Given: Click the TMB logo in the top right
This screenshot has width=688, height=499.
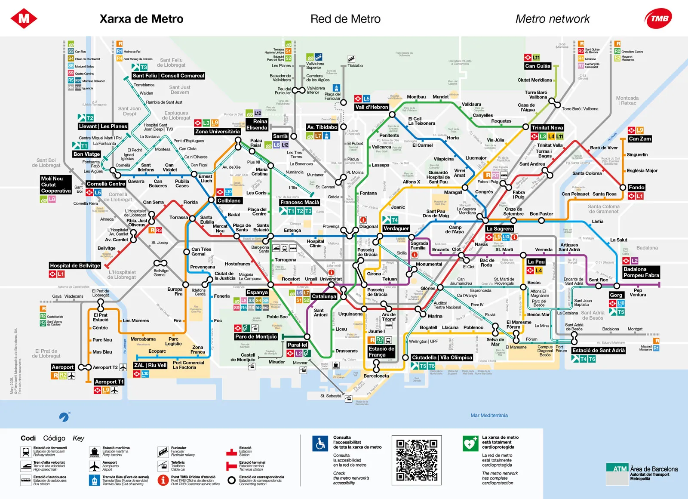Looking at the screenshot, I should tap(658, 18).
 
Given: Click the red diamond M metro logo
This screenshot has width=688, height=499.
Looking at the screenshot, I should tap(24, 18).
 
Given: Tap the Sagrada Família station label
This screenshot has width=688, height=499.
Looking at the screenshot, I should tap(419, 246).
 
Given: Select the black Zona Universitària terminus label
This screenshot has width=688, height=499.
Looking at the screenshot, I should tap(217, 132).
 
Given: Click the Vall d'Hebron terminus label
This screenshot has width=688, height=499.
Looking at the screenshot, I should tap(372, 107).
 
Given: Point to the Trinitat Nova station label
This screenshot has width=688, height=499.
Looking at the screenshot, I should tap(547, 128).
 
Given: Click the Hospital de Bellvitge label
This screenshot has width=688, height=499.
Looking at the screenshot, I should tap(75, 266).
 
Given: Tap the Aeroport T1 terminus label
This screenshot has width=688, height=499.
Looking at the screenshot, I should tap(109, 382).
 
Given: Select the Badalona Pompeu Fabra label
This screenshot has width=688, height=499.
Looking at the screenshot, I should tap(641, 272).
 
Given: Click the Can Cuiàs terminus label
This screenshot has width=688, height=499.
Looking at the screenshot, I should tap(537, 66).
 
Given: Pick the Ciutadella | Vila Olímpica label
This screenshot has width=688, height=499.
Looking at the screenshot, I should tap(442, 358).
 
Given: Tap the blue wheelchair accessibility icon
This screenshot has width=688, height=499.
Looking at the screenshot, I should tap(320, 444).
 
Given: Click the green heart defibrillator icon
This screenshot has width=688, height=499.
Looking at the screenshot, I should tap(470, 444).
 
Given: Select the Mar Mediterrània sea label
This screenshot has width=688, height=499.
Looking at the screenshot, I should tap(489, 416).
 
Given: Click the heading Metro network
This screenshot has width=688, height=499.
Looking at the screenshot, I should tap(553, 19).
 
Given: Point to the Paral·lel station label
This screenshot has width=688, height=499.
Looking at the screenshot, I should tap(298, 345).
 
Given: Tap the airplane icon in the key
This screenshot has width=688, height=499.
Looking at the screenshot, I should tap(95, 466).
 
